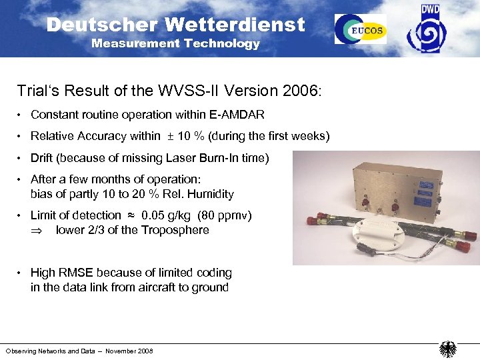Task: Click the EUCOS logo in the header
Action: tap(361, 29)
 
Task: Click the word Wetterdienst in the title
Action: tap(235, 25)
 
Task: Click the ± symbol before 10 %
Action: tap(170, 136)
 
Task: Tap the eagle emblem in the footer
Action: tap(447, 349)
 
